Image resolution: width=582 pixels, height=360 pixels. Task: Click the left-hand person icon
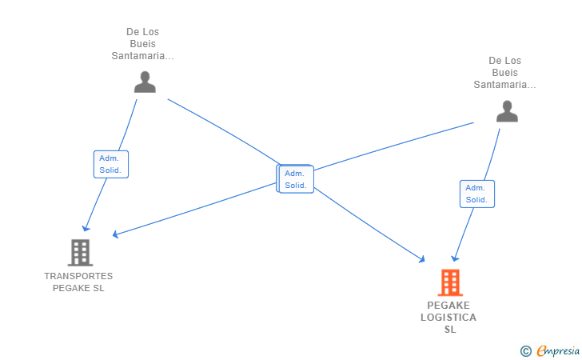[x=145, y=82]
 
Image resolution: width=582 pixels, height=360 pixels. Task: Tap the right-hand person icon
[x=507, y=111]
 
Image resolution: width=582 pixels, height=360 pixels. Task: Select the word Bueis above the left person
[x=142, y=44]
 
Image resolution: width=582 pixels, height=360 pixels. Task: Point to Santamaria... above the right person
[x=504, y=84]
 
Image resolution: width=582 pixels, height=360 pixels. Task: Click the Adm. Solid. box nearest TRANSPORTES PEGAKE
[x=111, y=164]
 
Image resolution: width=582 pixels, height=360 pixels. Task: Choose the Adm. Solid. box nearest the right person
[x=477, y=194]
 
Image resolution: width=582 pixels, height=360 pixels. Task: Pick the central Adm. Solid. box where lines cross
[x=297, y=179]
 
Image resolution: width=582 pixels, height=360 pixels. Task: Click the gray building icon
[x=80, y=253]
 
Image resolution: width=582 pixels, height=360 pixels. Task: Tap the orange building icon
[x=450, y=282]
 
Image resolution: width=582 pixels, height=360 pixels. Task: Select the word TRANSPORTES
[x=78, y=276]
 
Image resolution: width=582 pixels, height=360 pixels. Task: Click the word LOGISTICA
[x=448, y=318]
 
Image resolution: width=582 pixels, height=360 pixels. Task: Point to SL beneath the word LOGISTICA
[x=450, y=330]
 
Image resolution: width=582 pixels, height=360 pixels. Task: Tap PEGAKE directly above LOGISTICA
[x=448, y=306]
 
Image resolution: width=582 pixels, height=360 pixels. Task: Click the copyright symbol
[x=525, y=350]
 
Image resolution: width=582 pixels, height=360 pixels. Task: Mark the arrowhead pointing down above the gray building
[x=86, y=228]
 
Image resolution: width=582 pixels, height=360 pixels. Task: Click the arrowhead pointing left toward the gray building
[x=116, y=234]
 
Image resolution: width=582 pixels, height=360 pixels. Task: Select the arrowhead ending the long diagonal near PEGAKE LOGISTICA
[x=421, y=258]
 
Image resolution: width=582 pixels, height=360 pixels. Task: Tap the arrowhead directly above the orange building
[x=454, y=258]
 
